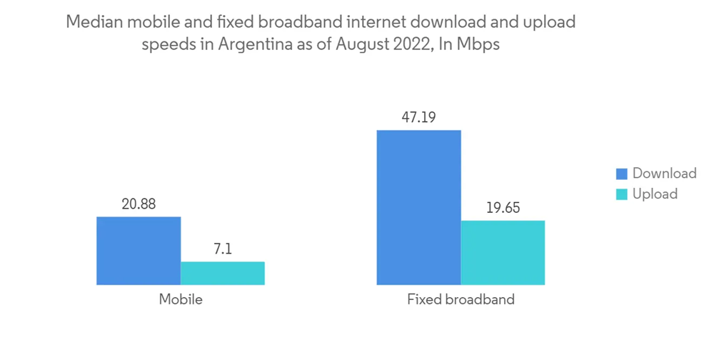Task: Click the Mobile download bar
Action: (139, 251)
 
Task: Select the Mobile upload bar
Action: (223, 273)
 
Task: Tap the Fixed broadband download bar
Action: (419, 207)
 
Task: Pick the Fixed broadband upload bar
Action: (503, 253)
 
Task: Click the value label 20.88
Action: (139, 204)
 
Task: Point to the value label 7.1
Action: (223, 250)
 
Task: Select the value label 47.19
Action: (419, 117)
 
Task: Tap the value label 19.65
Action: (503, 209)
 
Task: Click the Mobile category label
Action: (181, 299)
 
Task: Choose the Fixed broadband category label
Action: (461, 299)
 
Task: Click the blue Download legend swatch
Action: (621, 174)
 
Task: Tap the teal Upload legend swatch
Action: (621, 194)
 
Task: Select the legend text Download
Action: (664, 174)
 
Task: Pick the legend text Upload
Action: (655, 194)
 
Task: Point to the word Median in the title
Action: (90, 22)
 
